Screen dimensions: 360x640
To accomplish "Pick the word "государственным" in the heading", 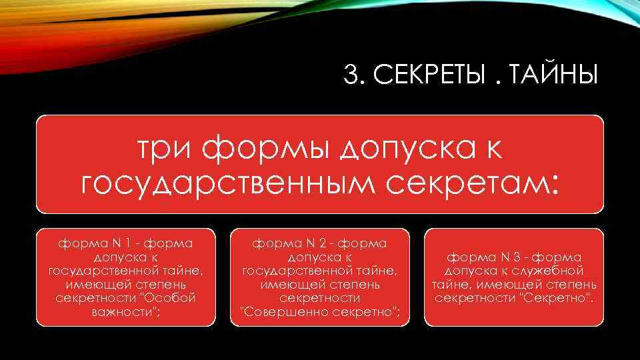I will (217, 181).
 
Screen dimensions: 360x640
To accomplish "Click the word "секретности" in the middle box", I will (319, 299).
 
